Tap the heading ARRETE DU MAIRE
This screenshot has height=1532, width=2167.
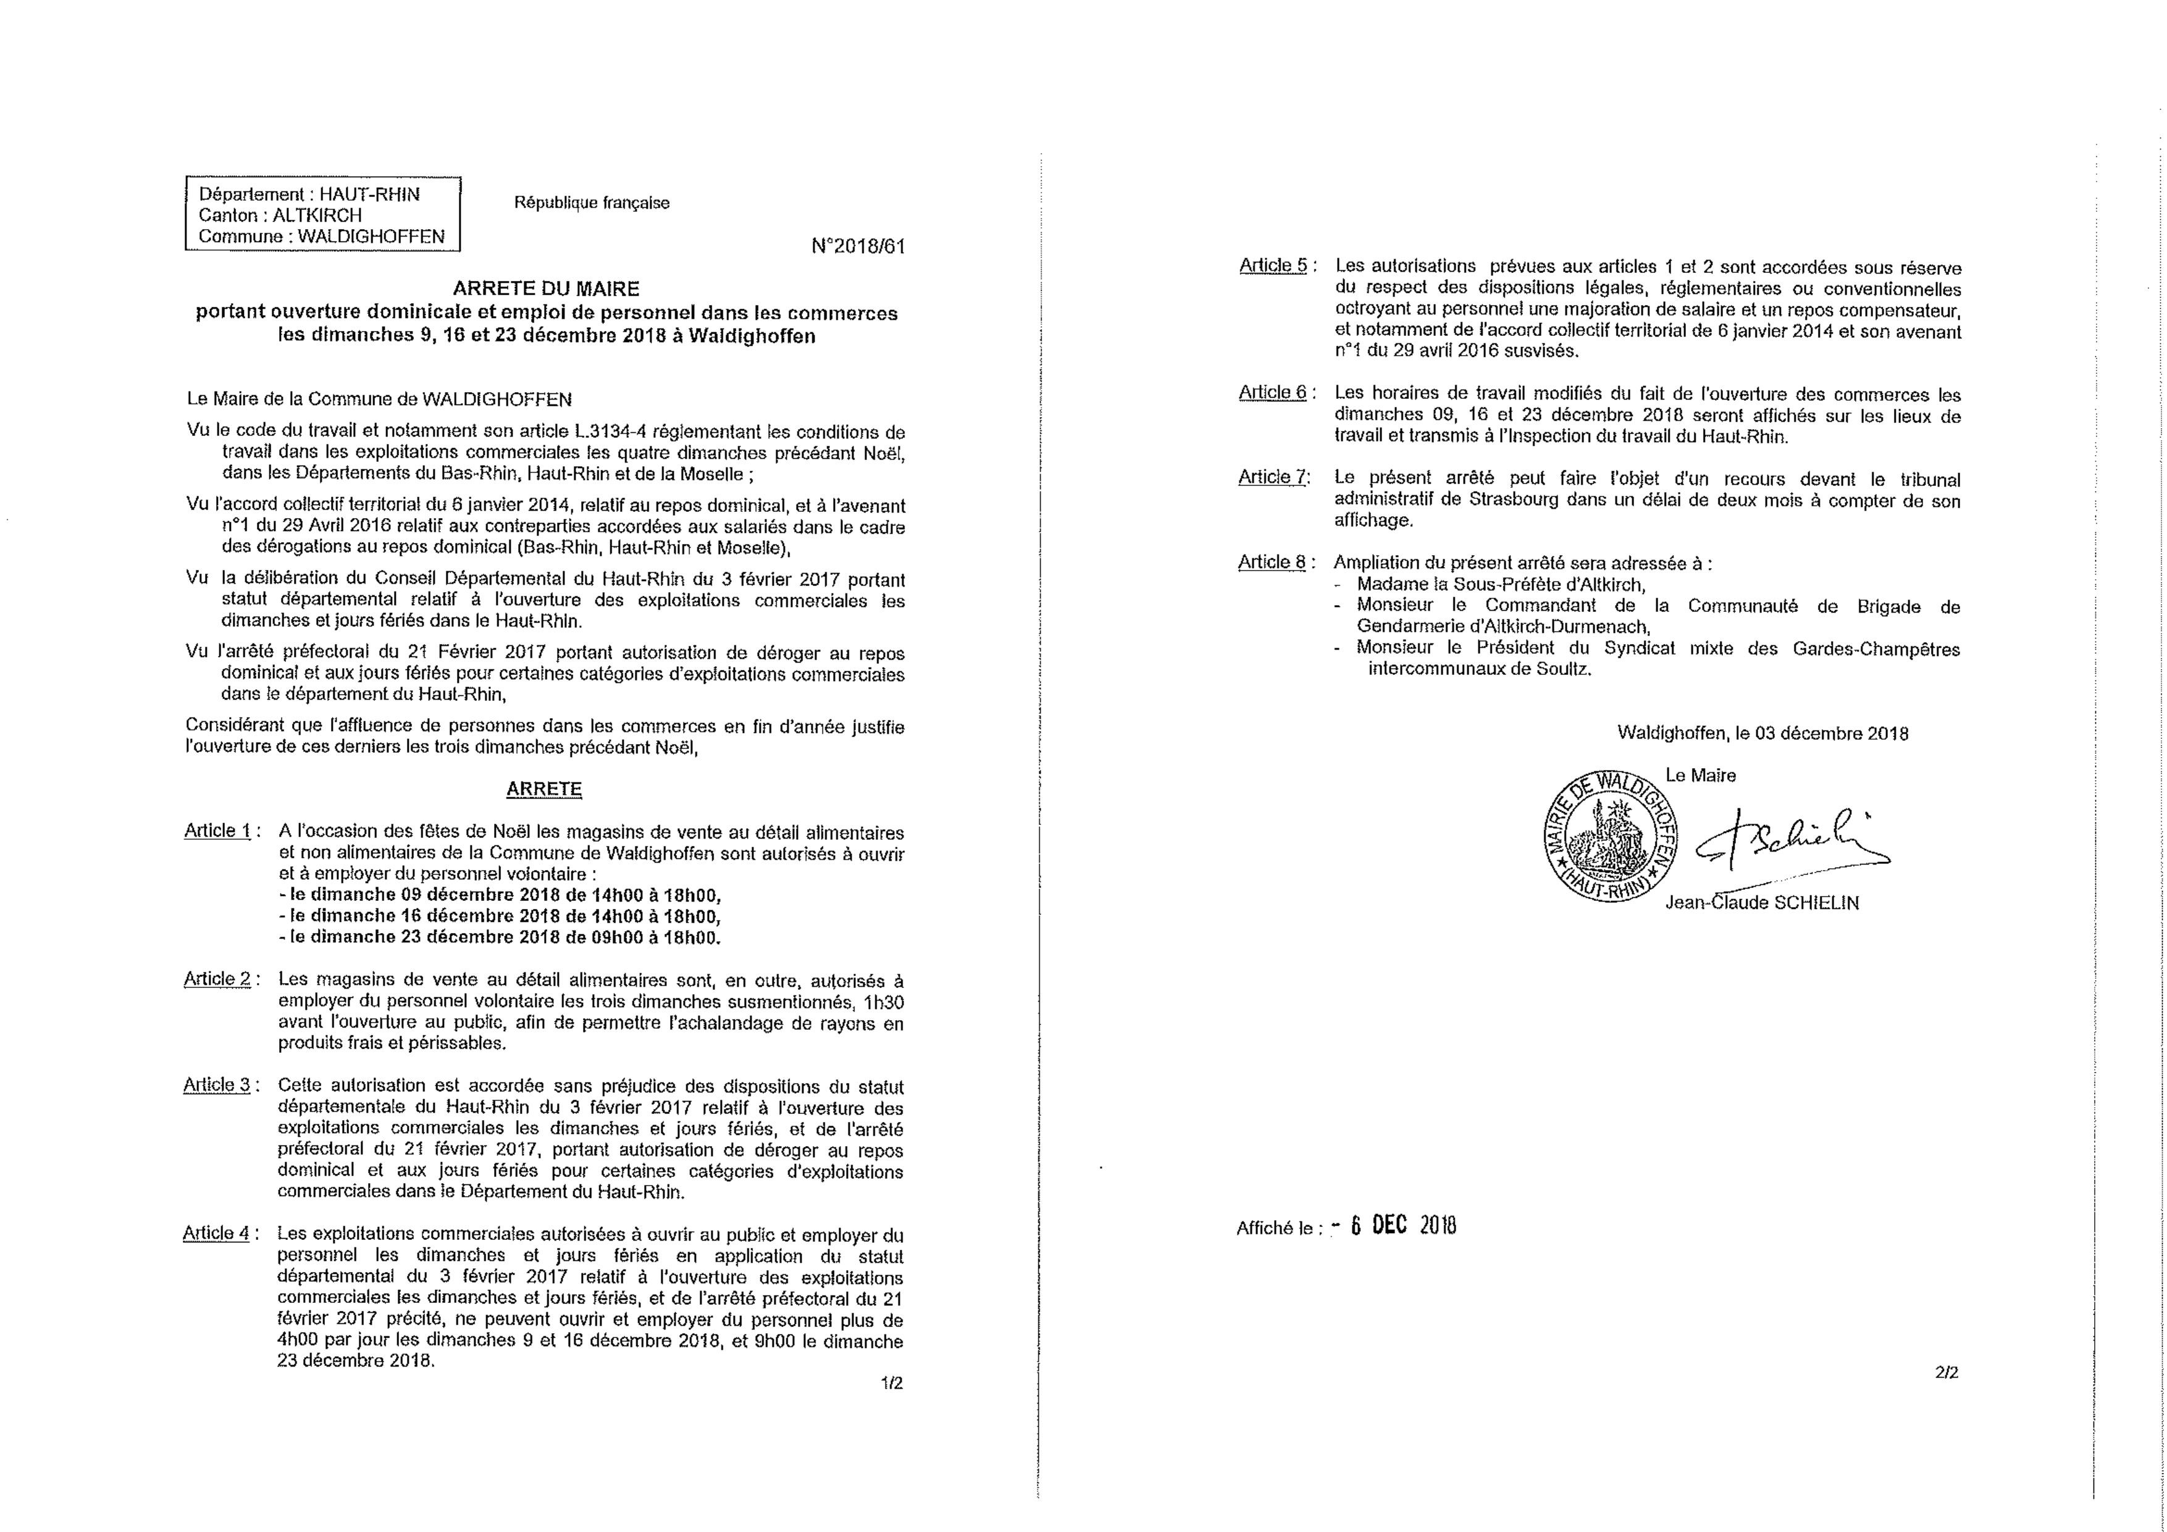(545, 289)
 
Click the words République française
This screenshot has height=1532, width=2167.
(592, 203)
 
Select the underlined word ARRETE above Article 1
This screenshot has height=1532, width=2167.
(545, 789)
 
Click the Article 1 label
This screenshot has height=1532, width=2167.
(218, 831)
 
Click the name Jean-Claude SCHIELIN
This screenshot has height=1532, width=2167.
(1761, 902)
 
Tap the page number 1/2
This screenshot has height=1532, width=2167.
(891, 1384)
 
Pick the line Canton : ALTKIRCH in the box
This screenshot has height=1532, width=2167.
(280, 216)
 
